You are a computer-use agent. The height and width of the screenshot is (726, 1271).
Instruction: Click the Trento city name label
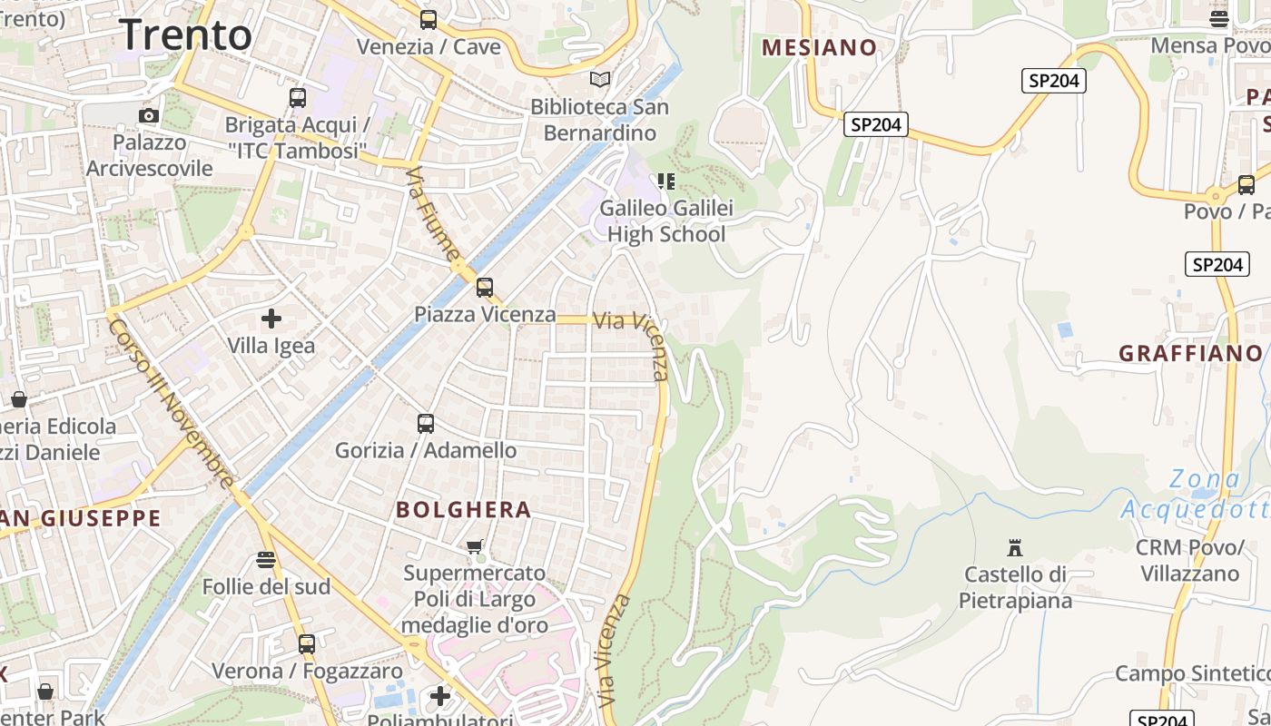(x=186, y=35)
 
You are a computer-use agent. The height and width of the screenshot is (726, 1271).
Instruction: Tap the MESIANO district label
(x=819, y=48)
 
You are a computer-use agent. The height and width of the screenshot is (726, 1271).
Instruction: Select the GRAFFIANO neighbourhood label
(x=1190, y=354)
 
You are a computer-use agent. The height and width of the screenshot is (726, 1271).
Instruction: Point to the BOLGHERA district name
(x=463, y=510)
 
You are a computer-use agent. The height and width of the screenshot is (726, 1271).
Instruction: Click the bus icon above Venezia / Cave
(x=428, y=19)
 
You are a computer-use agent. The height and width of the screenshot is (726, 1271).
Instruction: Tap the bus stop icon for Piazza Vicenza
(x=485, y=288)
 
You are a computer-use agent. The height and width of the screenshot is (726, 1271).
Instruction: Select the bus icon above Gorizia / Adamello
(x=425, y=424)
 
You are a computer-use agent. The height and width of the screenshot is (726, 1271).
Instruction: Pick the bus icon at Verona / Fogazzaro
(x=307, y=644)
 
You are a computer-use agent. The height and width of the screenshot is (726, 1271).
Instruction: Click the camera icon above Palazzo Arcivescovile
(x=149, y=115)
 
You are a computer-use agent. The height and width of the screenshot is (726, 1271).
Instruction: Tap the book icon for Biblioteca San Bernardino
(x=599, y=80)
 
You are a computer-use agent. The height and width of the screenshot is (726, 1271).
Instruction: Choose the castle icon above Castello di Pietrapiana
(x=1015, y=548)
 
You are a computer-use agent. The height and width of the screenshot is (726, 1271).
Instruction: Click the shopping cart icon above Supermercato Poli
(x=474, y=546)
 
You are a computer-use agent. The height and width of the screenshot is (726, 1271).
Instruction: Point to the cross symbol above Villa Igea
(x=271, y=319)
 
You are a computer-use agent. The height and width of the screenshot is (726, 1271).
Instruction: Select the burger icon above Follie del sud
(x=266, y=560)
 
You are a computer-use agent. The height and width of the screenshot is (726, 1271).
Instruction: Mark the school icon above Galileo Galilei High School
(x=666, y=181)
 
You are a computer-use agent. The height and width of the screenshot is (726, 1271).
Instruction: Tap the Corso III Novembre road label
(x=171, y=403)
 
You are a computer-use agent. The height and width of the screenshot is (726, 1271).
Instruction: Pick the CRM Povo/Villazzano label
(x=1189, y=561)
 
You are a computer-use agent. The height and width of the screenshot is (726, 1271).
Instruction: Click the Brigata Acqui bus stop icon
(x=297, y=98)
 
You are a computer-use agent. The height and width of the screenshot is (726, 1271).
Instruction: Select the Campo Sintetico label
(x=1191, y=673)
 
